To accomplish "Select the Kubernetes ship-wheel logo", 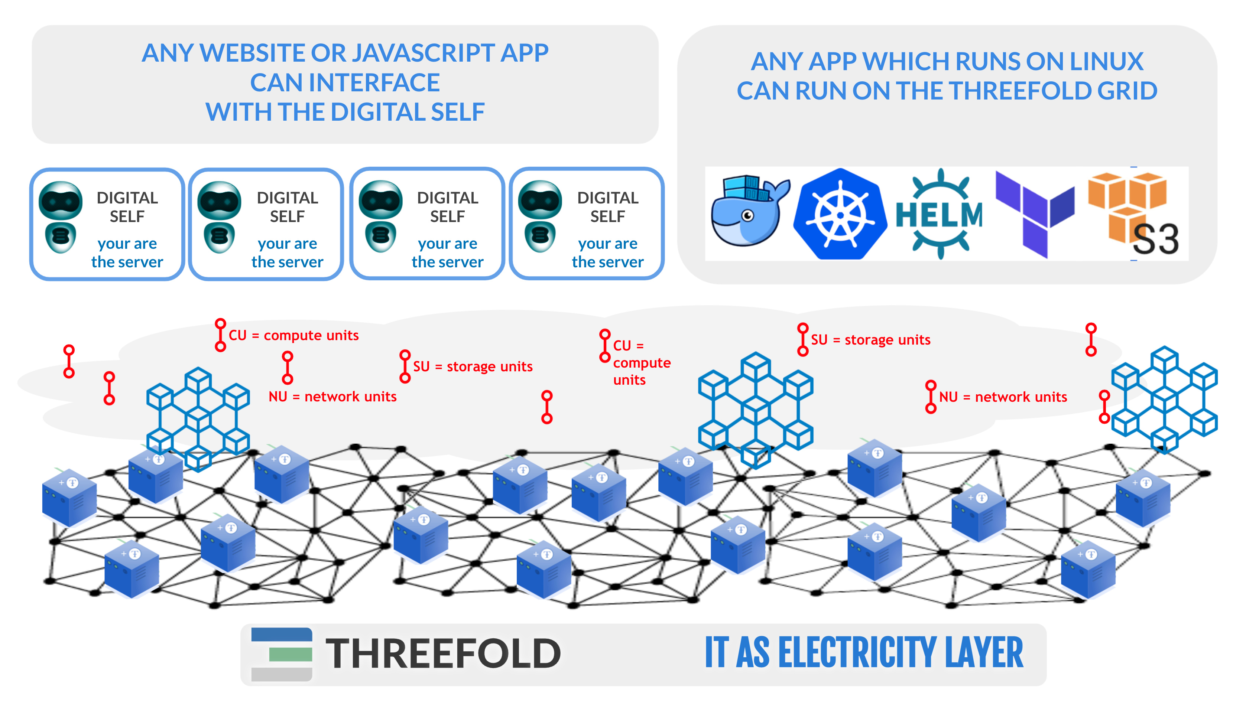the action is (841, 214).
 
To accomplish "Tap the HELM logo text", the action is (940, 215).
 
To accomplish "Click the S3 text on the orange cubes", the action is (1156, 239).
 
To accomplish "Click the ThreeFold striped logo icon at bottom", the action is (282, 654).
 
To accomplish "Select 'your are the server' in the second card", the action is (287, 253).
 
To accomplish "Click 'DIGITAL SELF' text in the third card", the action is (447, 207).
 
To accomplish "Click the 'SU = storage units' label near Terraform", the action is (871, 339).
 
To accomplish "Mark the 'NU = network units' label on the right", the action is (1003, 397).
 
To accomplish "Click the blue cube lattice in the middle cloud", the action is (756, 410).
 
